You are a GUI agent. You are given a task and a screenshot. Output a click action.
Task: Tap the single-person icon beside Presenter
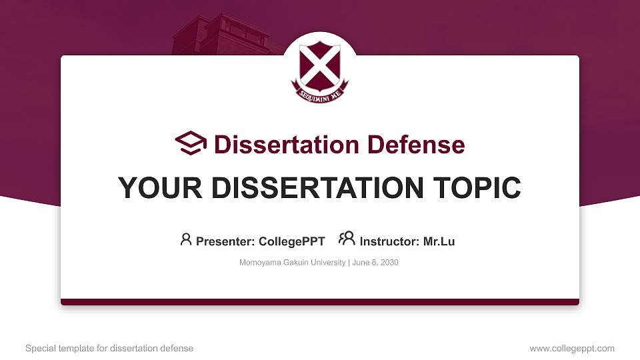tap(186, 239)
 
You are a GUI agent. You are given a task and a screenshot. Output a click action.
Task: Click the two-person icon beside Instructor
tap(347, 239)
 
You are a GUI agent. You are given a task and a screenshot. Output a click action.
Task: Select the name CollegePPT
tap(293, 241)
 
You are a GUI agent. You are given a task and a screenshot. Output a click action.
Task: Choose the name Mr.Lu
tap(439, 241)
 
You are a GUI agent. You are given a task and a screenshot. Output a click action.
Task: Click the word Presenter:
tap(225, 241)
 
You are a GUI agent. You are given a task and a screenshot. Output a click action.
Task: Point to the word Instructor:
tap(389, 241)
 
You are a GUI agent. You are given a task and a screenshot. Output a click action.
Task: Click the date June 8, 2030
tap(375, 263)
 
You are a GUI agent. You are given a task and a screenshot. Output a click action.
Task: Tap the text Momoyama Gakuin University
tap(292, 263)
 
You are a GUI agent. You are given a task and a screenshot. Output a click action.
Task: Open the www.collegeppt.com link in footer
tap(572, 348)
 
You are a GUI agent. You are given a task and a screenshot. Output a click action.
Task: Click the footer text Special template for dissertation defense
tap(109, 348)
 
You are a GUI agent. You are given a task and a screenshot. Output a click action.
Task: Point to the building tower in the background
tap(220, 33)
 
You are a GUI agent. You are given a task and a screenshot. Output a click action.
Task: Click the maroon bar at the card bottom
tap(320, 302)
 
